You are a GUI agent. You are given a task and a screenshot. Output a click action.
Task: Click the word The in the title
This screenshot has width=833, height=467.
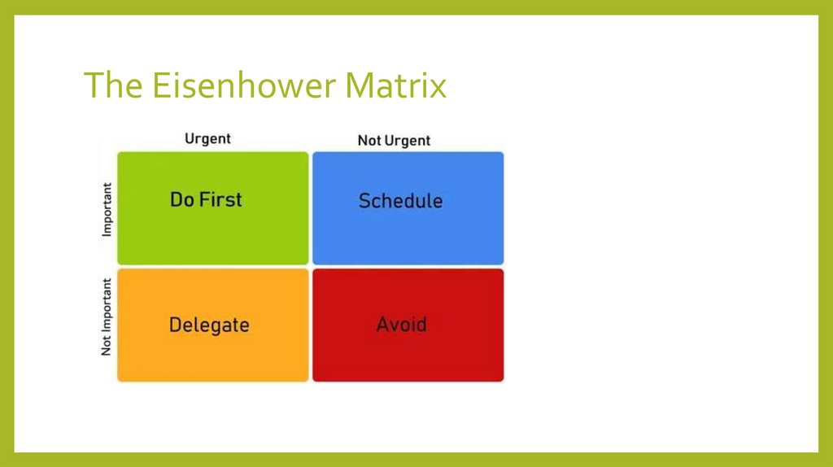(110, 85)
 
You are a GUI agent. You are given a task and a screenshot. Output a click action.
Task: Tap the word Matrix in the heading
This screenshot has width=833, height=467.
(399, 85)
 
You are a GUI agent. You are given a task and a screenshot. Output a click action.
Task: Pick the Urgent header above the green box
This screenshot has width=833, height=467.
(207, 139)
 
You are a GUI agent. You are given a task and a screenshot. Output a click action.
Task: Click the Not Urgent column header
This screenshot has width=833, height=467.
(394, 141)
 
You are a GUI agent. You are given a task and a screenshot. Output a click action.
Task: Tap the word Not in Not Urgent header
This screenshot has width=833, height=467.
(369, 141)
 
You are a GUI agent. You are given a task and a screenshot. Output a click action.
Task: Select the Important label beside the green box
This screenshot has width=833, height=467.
(107, 209)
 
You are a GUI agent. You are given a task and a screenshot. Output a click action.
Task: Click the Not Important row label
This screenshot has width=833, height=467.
(107, 318)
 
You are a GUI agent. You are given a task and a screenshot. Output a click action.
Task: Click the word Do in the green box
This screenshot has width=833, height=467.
(182, 199)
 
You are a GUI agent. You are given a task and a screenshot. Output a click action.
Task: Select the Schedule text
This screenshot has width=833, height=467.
(400, 201)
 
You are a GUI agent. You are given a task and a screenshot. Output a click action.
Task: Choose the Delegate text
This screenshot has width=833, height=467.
(209, 325)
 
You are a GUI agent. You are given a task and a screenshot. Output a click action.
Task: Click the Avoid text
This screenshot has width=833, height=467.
(401, 325)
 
